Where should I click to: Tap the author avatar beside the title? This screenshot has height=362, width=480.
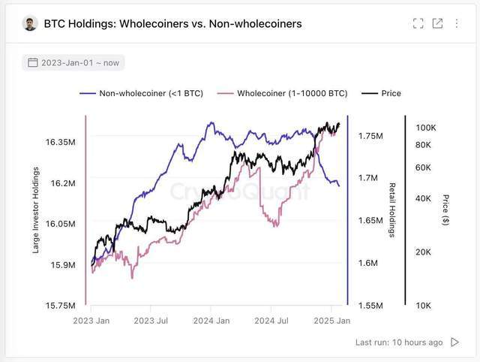[31, 23]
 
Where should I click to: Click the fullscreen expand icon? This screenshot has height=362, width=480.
[418, 23]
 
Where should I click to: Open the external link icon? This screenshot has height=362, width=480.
[438, 23]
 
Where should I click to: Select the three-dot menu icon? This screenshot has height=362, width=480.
[457, 23]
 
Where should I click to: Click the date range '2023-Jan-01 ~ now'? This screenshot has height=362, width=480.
[73, 62]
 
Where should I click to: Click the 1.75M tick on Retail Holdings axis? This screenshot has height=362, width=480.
[370, 136]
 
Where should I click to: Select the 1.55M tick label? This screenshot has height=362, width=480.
[370, 306]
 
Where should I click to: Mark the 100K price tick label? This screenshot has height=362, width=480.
[425, 128]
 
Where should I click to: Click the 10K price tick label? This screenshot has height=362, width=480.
[423, 306]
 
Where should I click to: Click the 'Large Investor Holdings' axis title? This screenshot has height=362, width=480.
[36, 211]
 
